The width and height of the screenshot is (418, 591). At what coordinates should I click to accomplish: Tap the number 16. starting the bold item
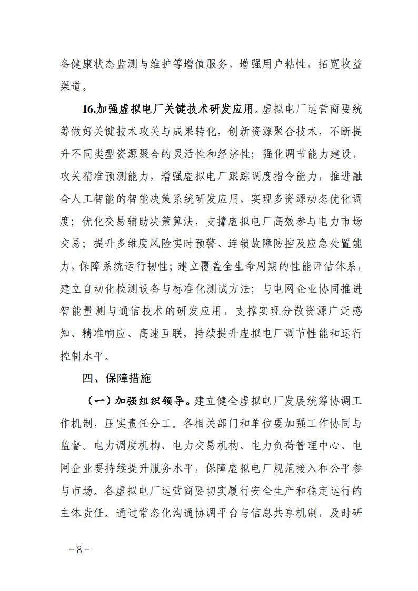pos(90,109)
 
